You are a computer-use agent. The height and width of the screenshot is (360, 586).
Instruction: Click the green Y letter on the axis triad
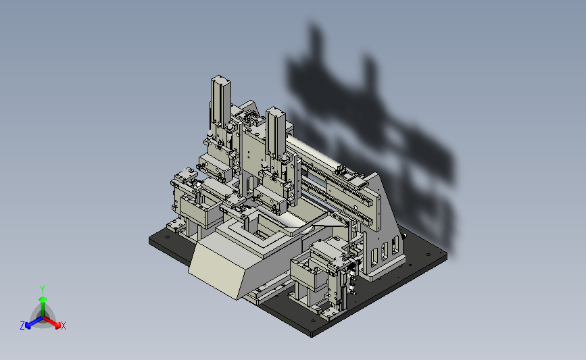click(x=42, y=290)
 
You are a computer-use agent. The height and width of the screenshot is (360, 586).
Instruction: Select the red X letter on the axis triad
click(x=63, y=326)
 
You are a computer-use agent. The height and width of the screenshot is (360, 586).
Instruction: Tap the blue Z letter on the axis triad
click(x=22, y=326)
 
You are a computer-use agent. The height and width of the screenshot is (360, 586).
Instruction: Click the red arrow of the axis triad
click(x=51, y=322)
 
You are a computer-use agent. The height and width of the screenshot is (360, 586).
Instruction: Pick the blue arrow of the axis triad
click(x=34, y=322)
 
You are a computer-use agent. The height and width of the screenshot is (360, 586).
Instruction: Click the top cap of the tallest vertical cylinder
click(x=220, y=79)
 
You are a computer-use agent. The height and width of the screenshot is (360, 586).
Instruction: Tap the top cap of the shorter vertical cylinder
click(x=276, y=111)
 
